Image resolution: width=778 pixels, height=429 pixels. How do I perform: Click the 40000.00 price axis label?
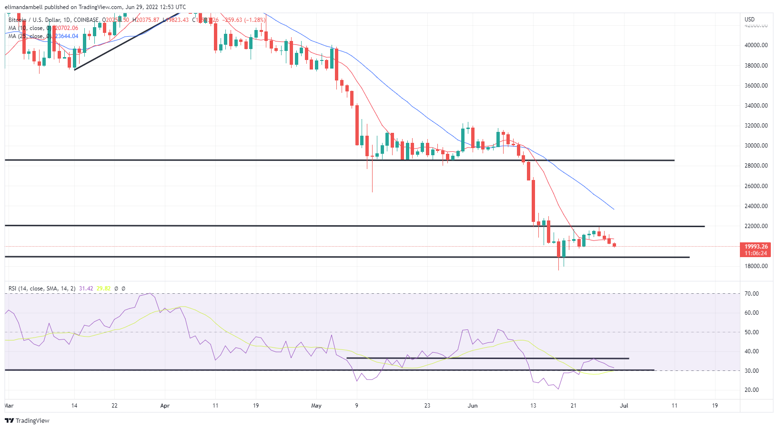756,45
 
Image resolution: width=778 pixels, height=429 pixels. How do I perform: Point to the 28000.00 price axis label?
756,166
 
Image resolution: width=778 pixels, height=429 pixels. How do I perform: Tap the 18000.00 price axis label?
756,266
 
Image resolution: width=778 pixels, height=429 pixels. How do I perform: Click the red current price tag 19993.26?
756,247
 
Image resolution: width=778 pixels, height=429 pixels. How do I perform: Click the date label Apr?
165,406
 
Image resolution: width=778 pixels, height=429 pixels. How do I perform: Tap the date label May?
316,406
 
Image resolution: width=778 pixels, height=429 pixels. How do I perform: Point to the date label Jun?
473,406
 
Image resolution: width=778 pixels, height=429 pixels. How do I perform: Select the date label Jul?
624,406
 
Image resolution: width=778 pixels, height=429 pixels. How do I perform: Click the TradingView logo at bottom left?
27,421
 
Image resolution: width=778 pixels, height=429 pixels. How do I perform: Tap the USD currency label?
750,20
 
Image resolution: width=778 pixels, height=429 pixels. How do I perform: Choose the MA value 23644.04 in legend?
67,36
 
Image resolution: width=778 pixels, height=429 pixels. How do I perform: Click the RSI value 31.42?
86,289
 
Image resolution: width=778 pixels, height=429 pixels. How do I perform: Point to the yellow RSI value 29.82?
103,289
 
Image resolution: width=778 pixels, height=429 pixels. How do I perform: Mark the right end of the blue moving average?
614,209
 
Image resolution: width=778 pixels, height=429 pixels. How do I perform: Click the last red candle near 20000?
615,245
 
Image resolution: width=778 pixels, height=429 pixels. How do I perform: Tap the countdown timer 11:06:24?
756,253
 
